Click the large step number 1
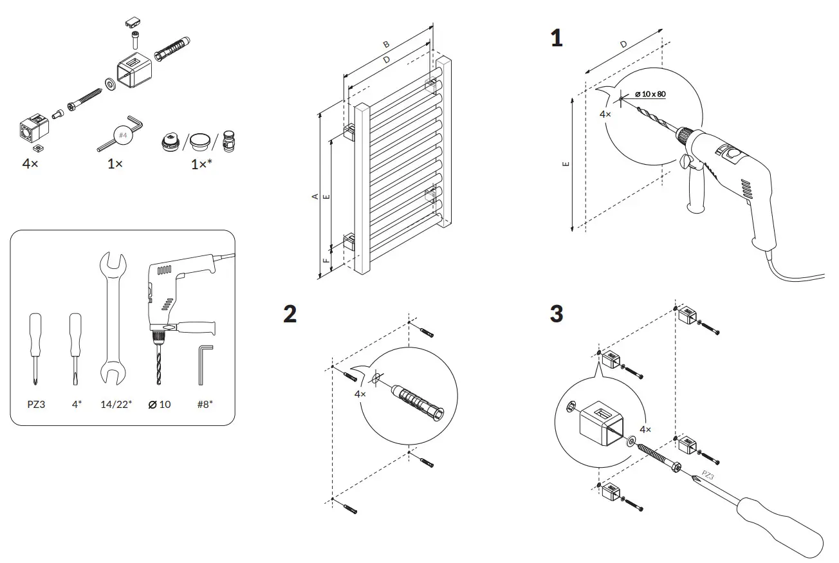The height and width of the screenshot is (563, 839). (x=557, y=38)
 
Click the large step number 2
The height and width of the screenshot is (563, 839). (x=290, y=313)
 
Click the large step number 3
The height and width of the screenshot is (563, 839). (x=557, y=313)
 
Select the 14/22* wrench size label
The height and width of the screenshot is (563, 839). (x=116, y=404)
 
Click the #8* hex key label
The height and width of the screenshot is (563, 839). (x=205, y=404)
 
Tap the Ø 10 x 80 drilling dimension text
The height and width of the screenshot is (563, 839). (x=650, y=94)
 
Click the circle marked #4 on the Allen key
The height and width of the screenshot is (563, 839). (x=124, y=135)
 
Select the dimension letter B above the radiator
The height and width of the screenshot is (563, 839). (x=386, y=45)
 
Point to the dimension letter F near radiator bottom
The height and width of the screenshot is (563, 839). (x=326, y=262)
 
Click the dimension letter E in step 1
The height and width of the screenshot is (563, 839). (x=566, y=164)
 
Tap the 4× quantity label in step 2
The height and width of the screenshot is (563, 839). (x=360, y=394)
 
